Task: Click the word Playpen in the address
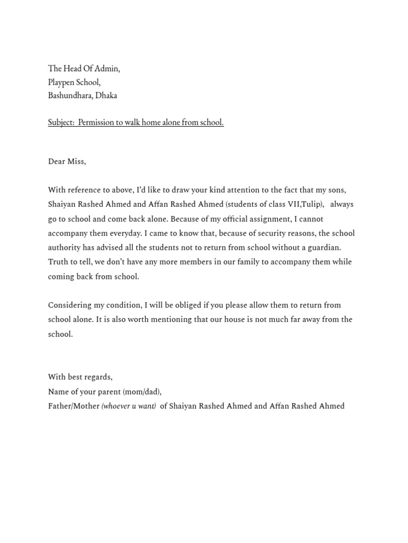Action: [61, 82]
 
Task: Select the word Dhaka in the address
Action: [106, 95]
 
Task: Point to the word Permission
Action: [96, 122]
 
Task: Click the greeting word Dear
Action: [57, 161]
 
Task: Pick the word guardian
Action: [322, 248]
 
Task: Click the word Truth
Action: [58, 262]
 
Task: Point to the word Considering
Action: [69, 305]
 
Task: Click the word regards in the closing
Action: [98, 377]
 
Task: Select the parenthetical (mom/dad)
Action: [142, 392]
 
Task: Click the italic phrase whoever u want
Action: [129, 406]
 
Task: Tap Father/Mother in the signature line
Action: [74, 406]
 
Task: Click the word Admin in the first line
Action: [108, 68]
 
